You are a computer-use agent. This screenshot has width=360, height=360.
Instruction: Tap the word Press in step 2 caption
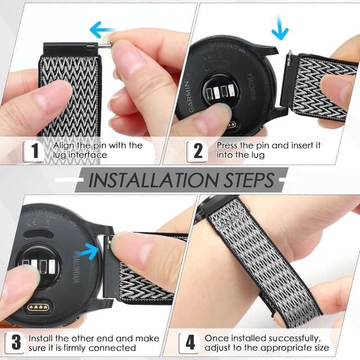229,145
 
